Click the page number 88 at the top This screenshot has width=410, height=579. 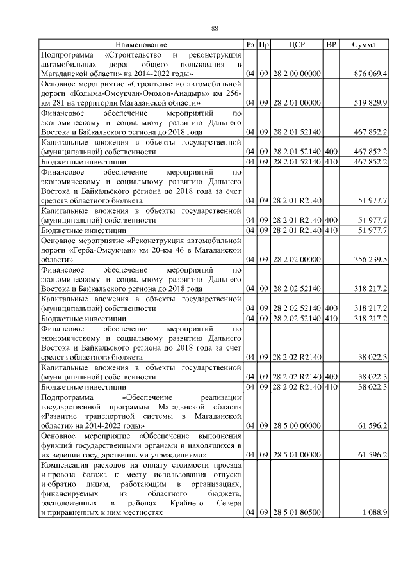(215, 28)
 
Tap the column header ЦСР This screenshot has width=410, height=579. (297, 45)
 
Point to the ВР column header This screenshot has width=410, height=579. (331, 45)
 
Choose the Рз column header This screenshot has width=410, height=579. (250, 45)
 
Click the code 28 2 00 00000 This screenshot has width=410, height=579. (297, 74)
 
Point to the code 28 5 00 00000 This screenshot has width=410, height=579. (297, 425)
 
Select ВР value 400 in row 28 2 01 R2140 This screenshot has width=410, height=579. (331, 219)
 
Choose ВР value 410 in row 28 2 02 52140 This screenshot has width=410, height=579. (331, 318)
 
